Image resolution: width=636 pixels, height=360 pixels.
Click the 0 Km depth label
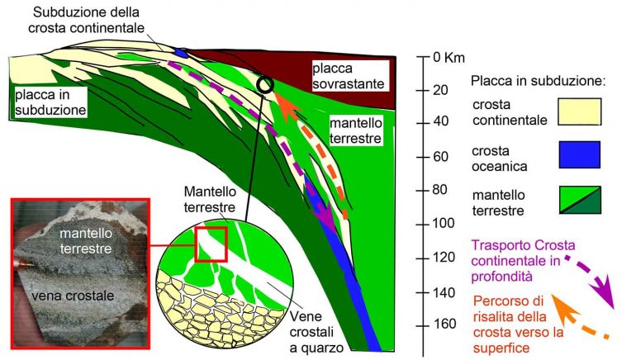click(449, 57)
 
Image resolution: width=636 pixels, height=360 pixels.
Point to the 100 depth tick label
click(444, 223)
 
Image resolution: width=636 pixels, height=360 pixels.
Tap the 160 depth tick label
click(444, 324)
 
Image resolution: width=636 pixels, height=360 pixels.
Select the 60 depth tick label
click(440, 157)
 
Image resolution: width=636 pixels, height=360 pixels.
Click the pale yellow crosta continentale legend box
click(580, 111)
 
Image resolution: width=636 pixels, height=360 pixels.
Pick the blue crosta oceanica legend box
click(580, 154)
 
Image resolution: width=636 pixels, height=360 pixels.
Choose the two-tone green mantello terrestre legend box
click(580, 200)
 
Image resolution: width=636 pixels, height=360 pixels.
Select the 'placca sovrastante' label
click(349, 76)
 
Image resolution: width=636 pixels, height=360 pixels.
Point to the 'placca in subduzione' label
click(50, 102)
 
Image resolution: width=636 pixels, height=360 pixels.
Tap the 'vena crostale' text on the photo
click(73, 296)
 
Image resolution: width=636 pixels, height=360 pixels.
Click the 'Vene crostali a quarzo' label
click(317, 332)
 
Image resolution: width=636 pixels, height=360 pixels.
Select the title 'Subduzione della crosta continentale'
click(87, 20)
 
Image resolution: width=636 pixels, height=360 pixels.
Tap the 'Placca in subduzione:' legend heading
click(538, 81)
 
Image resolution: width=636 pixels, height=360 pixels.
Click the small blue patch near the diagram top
click(180, 53)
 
